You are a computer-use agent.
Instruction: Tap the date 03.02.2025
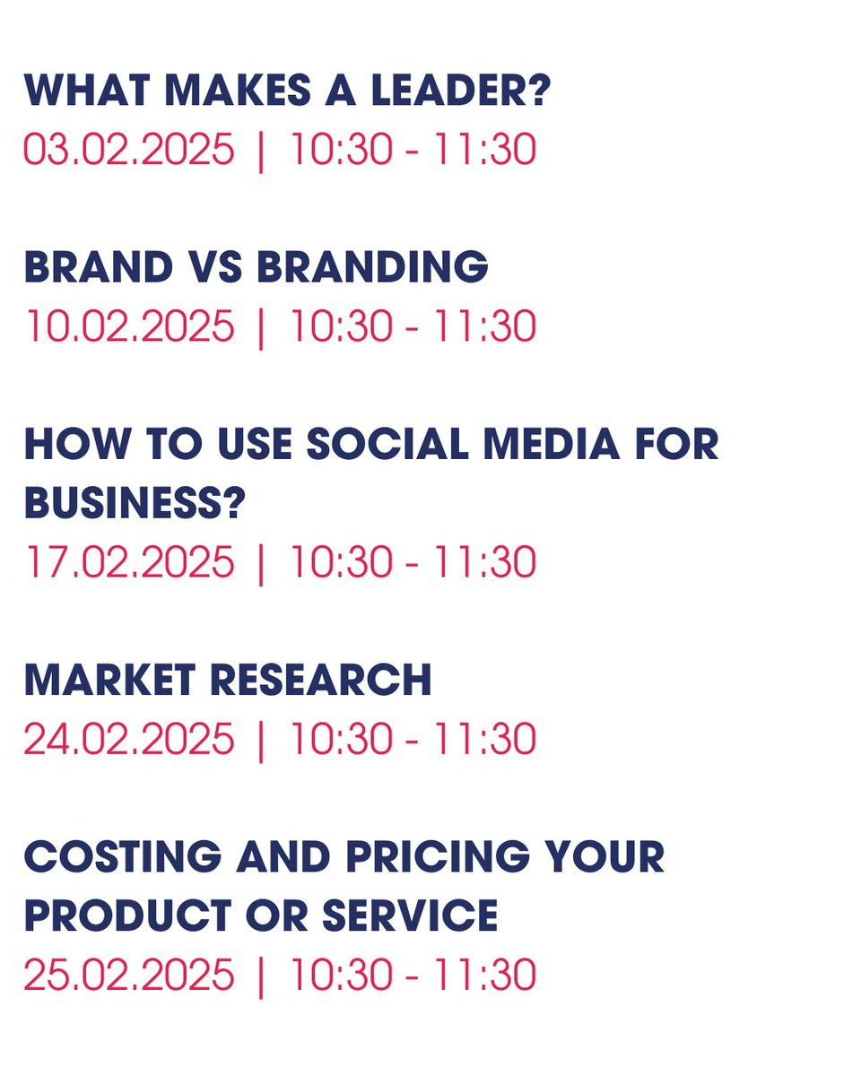click(128, 149)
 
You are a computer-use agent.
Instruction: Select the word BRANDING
click(372, 267)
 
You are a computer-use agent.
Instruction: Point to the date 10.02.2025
click(128, 325)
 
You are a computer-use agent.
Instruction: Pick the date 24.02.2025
click(128, 740)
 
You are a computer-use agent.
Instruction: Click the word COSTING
click(122, 858)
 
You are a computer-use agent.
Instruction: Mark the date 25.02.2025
click(128, 976)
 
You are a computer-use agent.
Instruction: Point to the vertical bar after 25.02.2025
click(261, 976)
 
